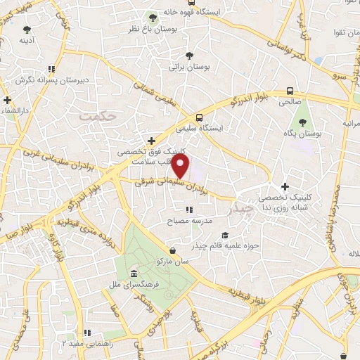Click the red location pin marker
point(181,165)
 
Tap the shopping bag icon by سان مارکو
point(173,250)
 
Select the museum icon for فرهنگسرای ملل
point(134,273)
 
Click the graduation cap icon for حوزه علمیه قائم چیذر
point(225,236)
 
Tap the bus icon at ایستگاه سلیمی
point(200,117)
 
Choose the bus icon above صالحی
point(290,91)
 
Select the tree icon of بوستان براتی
point(187,56)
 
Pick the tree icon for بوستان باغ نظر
point(153,18)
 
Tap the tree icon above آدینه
point(27,30)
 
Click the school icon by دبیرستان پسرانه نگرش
point(51,69)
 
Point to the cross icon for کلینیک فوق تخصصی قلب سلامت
point(151,140)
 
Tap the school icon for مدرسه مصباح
point(188,210)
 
